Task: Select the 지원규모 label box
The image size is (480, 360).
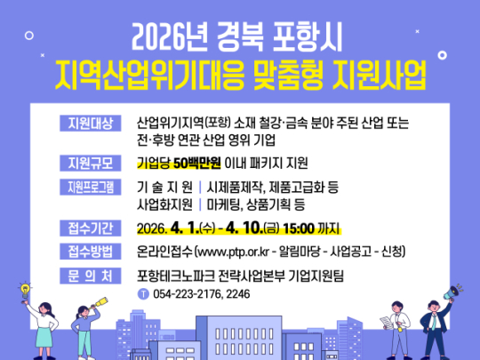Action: point(86,163)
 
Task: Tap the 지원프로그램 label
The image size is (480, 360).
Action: point(86,186)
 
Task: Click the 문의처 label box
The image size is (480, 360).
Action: point(86,275)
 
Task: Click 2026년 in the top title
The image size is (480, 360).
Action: point(172,38)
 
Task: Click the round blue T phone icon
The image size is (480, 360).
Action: point(144,293)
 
